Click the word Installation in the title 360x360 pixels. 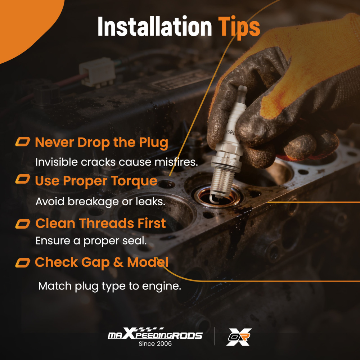pyautogui.click(x=154, y=26)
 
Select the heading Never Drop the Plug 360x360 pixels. pyautogui.click(x=102, y=143)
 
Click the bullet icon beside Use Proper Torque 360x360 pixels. pyautogui.click(x=23, y=179)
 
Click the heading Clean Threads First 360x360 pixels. pyautogui.click(x=100, y=223)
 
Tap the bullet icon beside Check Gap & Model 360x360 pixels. pyautogui.click(x=23, y=263)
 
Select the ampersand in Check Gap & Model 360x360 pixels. pyautogui.click(x=118, y=262)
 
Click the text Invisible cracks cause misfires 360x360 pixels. pyautogui.click(x=117, y=162)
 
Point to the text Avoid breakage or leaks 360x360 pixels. pyautogui.click(x=100, y=202)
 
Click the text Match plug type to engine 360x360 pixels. pyautogui.click(x=110, y=286)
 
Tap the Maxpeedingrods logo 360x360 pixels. pyautogui.click(x=155, y=334)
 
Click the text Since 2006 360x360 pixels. pyautogui.click(x=155, y=344)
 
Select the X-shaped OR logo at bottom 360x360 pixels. pyautogui.click(x=239, y=337)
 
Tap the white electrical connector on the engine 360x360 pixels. pyautogui.click(x=97, y=72)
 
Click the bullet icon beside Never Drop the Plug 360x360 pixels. pyautogui.click(x=23, y=141)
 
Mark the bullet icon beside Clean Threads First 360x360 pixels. pyautogui.click(x=23, y=224)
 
